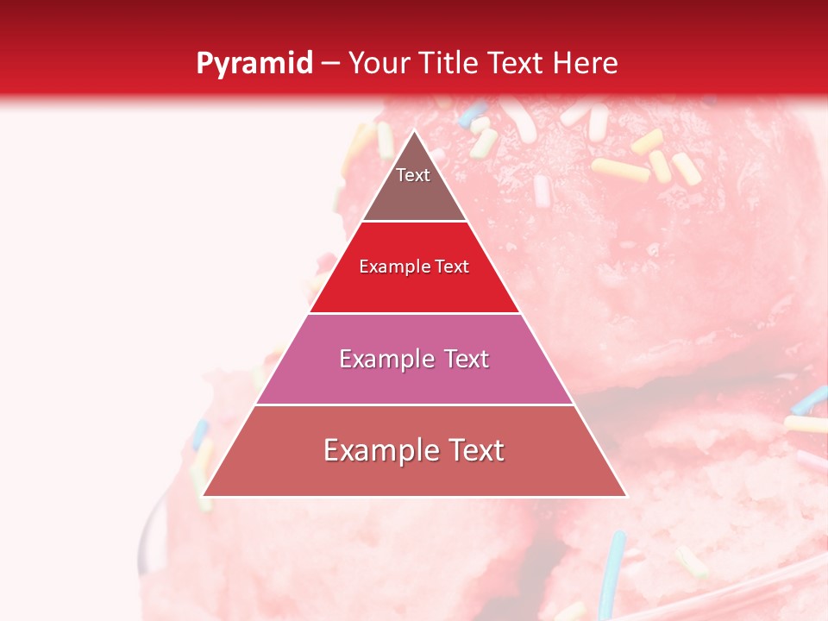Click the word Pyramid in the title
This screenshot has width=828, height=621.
click(x=254, y=64)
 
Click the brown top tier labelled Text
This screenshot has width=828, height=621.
click(x=414, y=185)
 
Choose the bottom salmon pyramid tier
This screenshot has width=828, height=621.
click(x=414, y=466)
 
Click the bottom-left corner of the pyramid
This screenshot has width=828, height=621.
click(x=204, y=495)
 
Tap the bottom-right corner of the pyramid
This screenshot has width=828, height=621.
click(x=625, y=495)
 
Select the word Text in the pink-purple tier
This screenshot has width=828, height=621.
click(x=461, y=359)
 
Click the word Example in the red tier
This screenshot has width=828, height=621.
click(x=389, y=267)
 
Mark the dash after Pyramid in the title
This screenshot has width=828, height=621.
click(x=330, y=64)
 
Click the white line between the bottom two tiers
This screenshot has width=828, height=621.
click(x=414, y=405)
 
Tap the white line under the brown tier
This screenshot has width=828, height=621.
click(x=414, y=222)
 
